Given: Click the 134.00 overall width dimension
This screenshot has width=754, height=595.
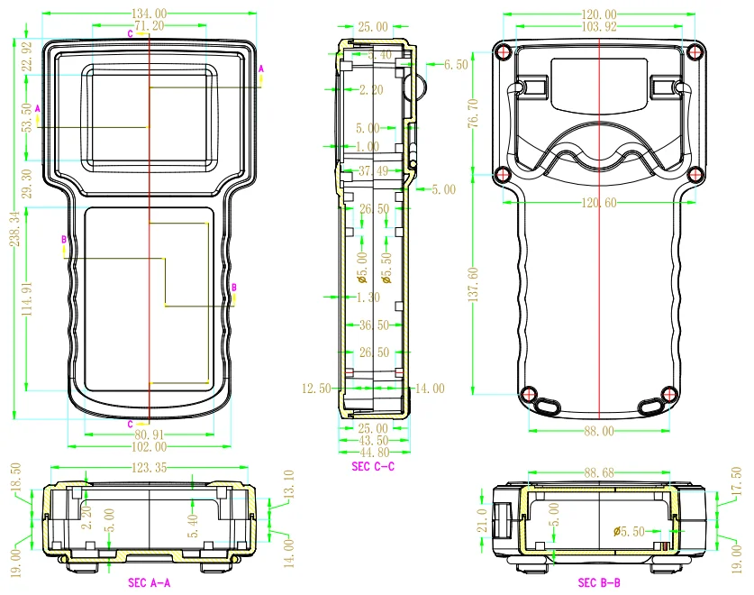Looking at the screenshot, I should point(150,14).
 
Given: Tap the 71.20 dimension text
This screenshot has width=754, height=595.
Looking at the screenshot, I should point(150,26).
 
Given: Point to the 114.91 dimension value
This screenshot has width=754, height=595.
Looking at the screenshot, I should point(27,299).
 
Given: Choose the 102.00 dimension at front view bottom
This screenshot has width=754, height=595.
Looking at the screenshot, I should point(150,446).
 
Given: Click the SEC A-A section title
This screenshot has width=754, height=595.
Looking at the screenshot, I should point(150,583).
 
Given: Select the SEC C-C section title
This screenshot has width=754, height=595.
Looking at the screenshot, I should point(373,465).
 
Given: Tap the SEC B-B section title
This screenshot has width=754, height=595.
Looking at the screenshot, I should point(599,583).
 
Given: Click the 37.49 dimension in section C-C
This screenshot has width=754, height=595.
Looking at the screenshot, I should point(373,171).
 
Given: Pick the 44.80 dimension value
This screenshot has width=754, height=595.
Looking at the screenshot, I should point(373,453).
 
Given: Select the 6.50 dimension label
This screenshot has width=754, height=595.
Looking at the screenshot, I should point(456,65).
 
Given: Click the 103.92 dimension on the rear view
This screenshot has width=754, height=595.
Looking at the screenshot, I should point(599,27).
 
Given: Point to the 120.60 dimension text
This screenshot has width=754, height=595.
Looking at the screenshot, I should point(599,204).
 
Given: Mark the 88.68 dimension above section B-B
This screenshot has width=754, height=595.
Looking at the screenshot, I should point(599,471).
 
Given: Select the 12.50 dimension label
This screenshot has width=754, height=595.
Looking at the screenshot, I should point(314,388).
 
